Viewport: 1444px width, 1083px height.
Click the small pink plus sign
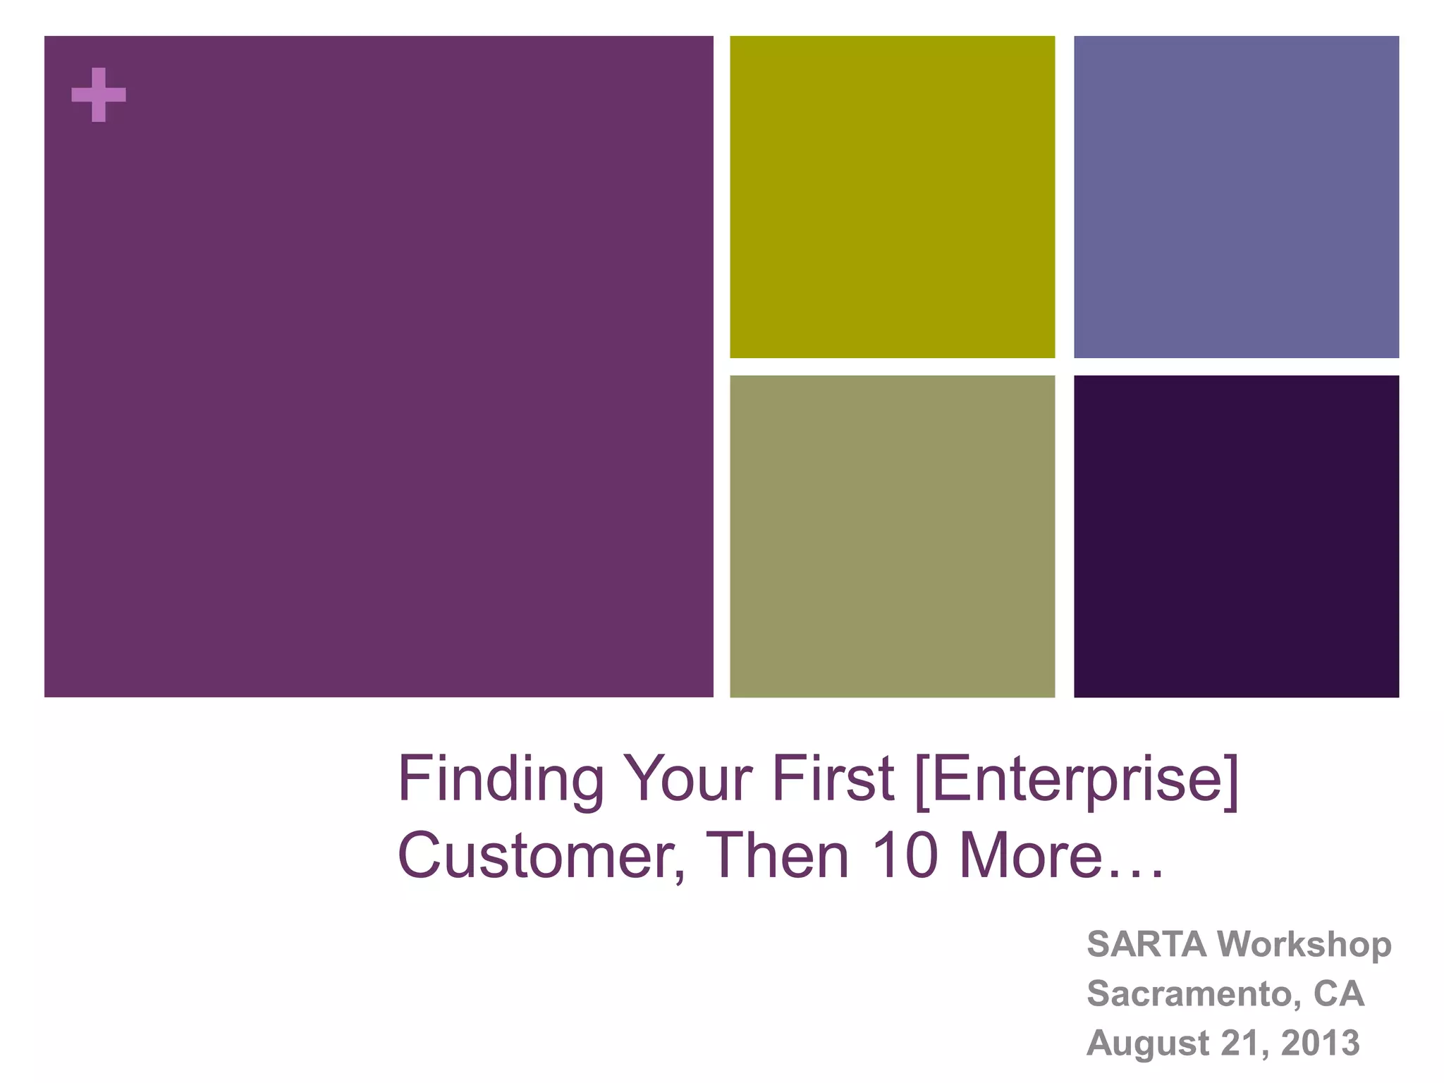pyautogui.click(x=99, y=94)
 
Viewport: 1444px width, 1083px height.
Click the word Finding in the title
pyautogui.click(x=501, y=780)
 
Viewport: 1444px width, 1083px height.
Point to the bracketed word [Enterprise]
pyautogui.click(x=1075, y=780)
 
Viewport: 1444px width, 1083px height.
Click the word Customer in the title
pyautogui.click(x=540, y=856)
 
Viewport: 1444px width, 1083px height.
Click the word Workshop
pyautogui.click(x=1304, y=945)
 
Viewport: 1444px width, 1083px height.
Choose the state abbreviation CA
pyautogui.click(x=1338, y=994)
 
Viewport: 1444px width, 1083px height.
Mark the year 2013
pyautogui.click(x=1320, y=1044)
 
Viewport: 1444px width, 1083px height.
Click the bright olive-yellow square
pyautogui.click(x=892, y=197)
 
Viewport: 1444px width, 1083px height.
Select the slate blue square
pyautogui.click(x=1236, y=197)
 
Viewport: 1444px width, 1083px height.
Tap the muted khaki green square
pyautogui.click(x=892, y=536)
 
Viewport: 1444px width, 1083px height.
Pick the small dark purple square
pyautogui.click(x=1236, y=536)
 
